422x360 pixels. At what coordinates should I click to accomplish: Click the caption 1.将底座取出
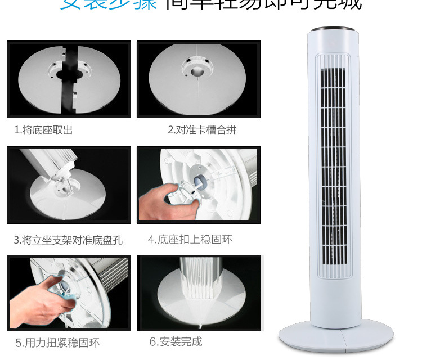pyautogui.click(x=43, y=130)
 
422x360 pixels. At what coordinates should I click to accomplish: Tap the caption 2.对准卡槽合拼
pyautogui.click(x=202, y=130)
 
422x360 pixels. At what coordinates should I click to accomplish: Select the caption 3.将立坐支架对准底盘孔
pyautogui.click(x=68, y=240)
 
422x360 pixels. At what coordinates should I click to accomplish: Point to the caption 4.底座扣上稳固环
pyautogui.click(x=190, y=240)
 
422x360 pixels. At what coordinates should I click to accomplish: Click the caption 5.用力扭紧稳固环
pyautogui.click(x=57, y=343)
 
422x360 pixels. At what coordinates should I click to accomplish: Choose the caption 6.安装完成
pyautogui.click(x=176, y=342)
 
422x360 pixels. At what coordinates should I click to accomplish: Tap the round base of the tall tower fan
pyautogui.click(x=335, y=337)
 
